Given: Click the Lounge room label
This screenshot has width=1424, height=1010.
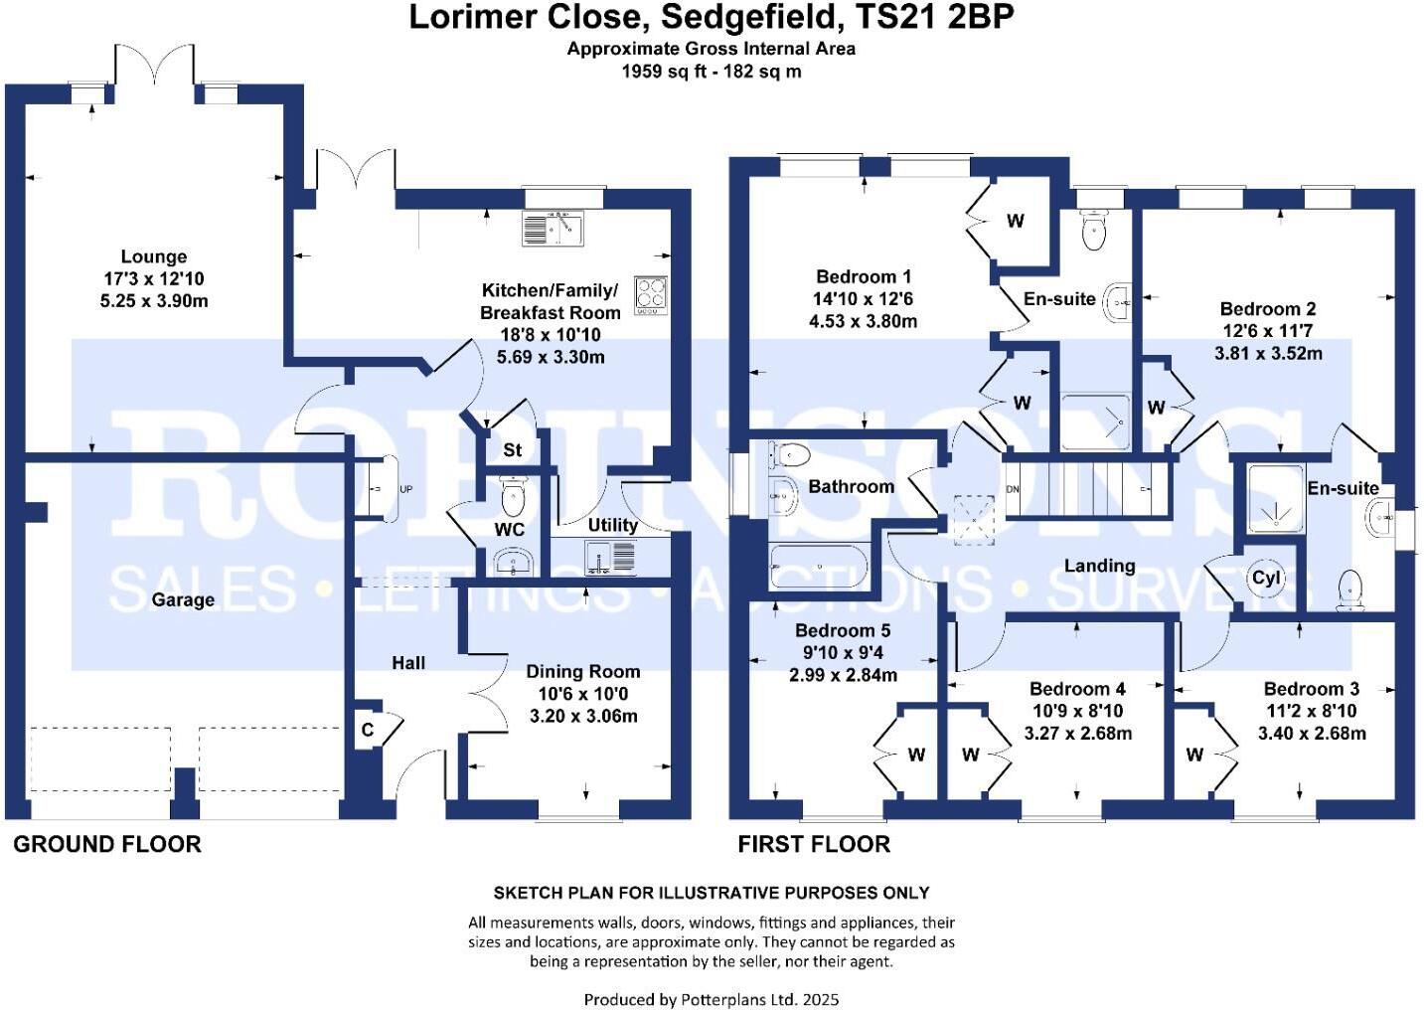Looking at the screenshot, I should [153, 256].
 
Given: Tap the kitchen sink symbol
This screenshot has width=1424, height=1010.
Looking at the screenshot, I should [553, 229].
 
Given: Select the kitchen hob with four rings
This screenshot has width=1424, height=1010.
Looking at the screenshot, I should [652, 295].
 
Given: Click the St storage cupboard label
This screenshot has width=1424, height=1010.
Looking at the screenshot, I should [512, 450].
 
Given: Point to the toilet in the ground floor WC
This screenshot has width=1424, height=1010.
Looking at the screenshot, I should [513, 494].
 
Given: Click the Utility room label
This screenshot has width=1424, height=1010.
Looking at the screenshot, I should [612, 525].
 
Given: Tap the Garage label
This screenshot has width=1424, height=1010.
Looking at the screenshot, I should [183, 599].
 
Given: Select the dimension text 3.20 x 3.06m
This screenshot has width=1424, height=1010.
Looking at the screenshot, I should [583, 716].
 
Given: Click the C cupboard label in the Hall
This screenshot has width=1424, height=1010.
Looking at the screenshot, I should [368, 731].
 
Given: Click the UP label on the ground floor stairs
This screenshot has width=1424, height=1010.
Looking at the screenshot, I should [405, 490].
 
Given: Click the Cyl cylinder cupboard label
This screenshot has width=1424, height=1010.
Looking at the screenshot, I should [1266, 579].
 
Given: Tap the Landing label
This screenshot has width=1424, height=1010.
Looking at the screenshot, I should [1099, 566].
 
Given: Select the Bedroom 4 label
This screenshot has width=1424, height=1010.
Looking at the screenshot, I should [1077, 689].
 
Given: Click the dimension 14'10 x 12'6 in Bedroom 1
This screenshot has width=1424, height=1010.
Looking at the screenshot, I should [863, 299].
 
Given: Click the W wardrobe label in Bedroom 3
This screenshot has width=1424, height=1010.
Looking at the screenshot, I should [1194, 756].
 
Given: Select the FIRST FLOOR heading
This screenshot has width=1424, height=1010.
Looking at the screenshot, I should [813, 845].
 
